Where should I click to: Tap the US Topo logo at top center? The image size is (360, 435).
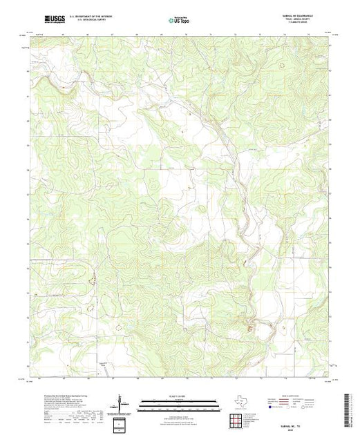tap(180, 20)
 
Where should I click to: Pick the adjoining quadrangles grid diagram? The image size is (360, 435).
tap(237, 418)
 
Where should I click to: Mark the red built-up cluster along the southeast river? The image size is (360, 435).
tap(260, 321)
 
